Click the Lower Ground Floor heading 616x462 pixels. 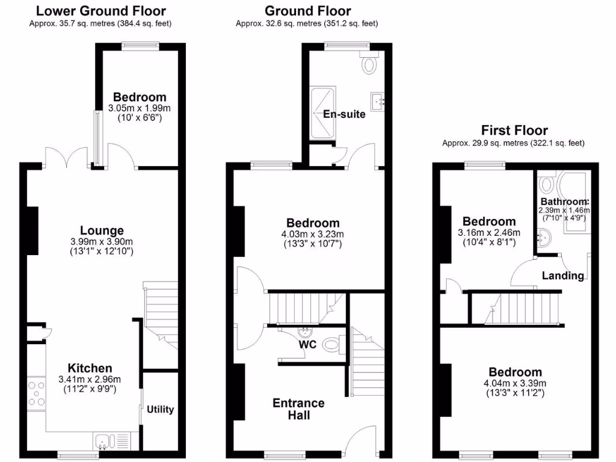click(101, 11)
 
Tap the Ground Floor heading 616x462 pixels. click(307, 11)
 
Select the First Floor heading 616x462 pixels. click(514, 130)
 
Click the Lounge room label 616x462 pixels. click(102, 230)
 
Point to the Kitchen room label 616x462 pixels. click(90, 368)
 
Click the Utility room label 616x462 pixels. click(161, 410)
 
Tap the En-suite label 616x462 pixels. click(344, 114)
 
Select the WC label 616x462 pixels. click(308, 345)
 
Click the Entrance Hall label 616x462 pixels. click(298, 408)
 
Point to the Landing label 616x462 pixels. click(563, 276)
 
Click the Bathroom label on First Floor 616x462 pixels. click(564, 202)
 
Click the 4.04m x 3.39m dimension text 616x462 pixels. click(515, 383)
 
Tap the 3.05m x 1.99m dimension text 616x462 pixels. click(139, 108)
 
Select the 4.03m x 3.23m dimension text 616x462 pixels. click(312, 234)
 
